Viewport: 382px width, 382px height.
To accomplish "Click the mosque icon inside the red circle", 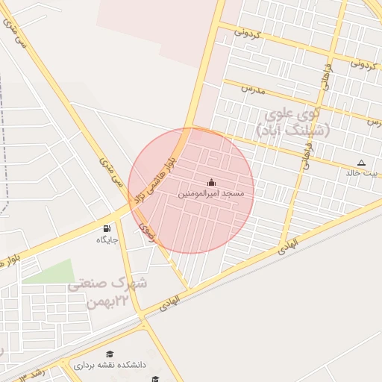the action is pos(211,182).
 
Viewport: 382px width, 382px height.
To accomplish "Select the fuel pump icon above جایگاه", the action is pos(107,228).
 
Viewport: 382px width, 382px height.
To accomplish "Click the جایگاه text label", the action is pos(107,239).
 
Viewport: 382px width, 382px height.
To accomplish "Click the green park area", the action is pos(52,272).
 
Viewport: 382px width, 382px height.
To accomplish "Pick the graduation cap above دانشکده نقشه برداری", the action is pos(110,354).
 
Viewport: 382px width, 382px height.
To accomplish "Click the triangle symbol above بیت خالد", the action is pos(362,162).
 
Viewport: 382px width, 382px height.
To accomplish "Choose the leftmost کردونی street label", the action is pos(247,32).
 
